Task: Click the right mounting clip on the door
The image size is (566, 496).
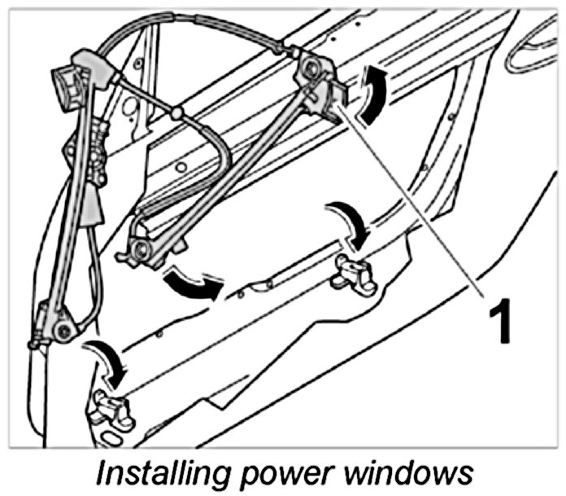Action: click(353, 274)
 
